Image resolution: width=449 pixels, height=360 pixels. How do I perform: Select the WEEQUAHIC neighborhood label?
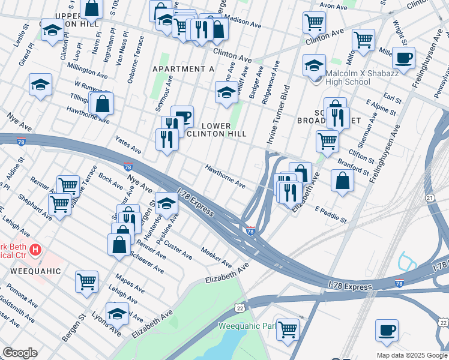click(x=35, y=271)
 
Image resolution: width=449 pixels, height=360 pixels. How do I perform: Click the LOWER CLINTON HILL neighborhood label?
click(x=224, y=130)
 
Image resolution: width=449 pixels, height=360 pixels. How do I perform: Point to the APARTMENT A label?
click(x=183, y=69)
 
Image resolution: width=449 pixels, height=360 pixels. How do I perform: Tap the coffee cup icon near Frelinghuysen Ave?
click(x=403, y=58)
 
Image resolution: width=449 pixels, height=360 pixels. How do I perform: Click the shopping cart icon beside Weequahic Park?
click(x=288, y=328)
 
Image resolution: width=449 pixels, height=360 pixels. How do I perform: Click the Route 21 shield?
click(x=430, y=197)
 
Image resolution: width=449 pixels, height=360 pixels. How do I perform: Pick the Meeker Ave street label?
click(x=216, y=258)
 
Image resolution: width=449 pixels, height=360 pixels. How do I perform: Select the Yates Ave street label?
click(x=128, y=145)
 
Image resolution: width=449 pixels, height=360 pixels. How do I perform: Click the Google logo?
click(x=19, y=353)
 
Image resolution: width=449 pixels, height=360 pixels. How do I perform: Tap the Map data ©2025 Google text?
click(x=411, y=355)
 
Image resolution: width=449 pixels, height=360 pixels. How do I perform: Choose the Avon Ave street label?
click(x=333, y=7)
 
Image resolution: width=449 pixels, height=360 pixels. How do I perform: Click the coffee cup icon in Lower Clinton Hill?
click(x=182, y=116)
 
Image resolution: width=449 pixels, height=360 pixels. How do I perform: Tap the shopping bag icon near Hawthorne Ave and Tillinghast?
click(x=103, y=103)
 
